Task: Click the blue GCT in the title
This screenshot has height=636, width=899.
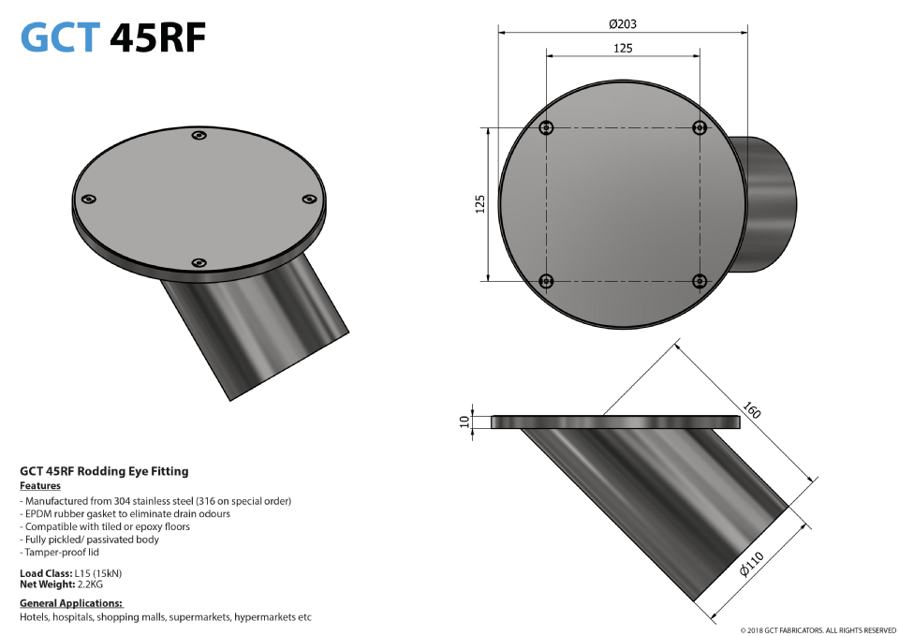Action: [59, 37]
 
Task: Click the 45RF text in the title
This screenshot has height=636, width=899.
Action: [156, 37]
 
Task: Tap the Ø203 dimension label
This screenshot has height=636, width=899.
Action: [623, 23]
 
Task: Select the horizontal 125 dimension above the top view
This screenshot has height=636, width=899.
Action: [623, 48]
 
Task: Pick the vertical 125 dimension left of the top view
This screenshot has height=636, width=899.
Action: [479, 204]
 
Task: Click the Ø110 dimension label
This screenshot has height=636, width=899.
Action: [752, 566]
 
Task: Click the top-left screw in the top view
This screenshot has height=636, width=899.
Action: [547, 128]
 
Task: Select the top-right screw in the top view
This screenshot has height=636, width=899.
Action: [699, 128]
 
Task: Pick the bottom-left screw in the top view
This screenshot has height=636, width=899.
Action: [547, 281]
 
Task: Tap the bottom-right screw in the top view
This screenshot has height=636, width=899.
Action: [699, 281]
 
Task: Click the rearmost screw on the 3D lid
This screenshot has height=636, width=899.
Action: [199, 137]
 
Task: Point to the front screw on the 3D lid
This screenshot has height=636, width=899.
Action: [198, 263]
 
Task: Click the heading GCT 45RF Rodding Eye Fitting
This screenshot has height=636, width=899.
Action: [104, 471]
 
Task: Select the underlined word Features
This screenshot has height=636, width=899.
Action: [40, 486]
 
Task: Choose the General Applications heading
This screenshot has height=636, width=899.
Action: [71, 603]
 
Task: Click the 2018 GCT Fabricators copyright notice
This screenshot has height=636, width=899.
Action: [818, 630]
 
